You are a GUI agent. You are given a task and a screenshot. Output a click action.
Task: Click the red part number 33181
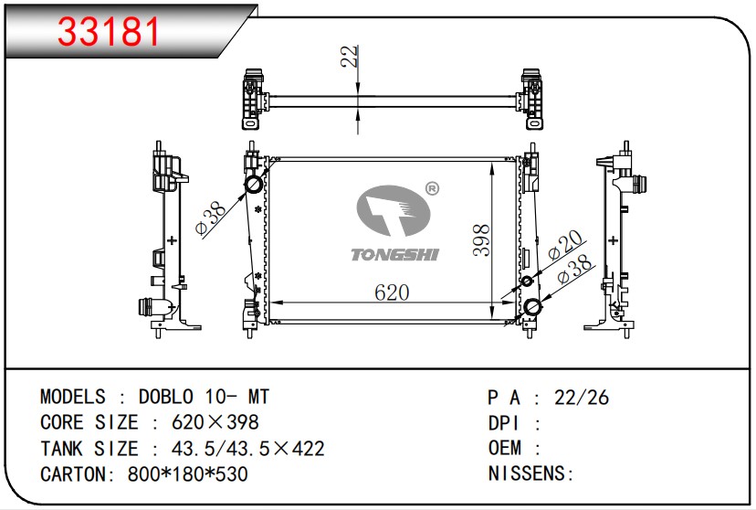coord(108,32)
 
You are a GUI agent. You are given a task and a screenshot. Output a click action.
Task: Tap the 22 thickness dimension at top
coord(350,56)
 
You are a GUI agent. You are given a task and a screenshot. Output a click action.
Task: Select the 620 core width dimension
coord(392,292)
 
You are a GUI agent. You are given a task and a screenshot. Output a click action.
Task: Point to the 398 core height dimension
coord(481,239)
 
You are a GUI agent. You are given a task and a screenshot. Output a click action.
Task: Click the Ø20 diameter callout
coord(564,246)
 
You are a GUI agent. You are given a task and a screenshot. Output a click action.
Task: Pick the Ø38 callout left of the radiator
coord(211,218)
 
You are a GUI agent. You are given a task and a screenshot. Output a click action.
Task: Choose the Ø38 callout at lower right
coord(573,270)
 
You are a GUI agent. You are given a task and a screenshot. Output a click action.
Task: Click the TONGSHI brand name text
coord(394,254)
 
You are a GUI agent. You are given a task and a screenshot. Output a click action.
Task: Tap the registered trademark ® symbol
coord(432,189)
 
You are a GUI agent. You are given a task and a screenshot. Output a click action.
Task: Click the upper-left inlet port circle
coord(254,184)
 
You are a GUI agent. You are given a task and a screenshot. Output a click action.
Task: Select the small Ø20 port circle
coord(528,281)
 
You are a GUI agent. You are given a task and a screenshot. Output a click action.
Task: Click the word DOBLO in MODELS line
coord(166,397)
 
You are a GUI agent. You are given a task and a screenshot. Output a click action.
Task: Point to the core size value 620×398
coord(215,422)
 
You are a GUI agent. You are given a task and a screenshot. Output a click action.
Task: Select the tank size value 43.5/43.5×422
coord(247,448)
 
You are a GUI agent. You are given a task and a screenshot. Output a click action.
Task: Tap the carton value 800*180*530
coord(187,473)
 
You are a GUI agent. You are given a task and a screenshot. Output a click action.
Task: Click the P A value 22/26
coord(582,398)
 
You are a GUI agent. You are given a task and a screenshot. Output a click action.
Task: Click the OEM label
coord(505,448)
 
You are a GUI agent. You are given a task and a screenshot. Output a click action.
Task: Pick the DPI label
coord(504,423)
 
